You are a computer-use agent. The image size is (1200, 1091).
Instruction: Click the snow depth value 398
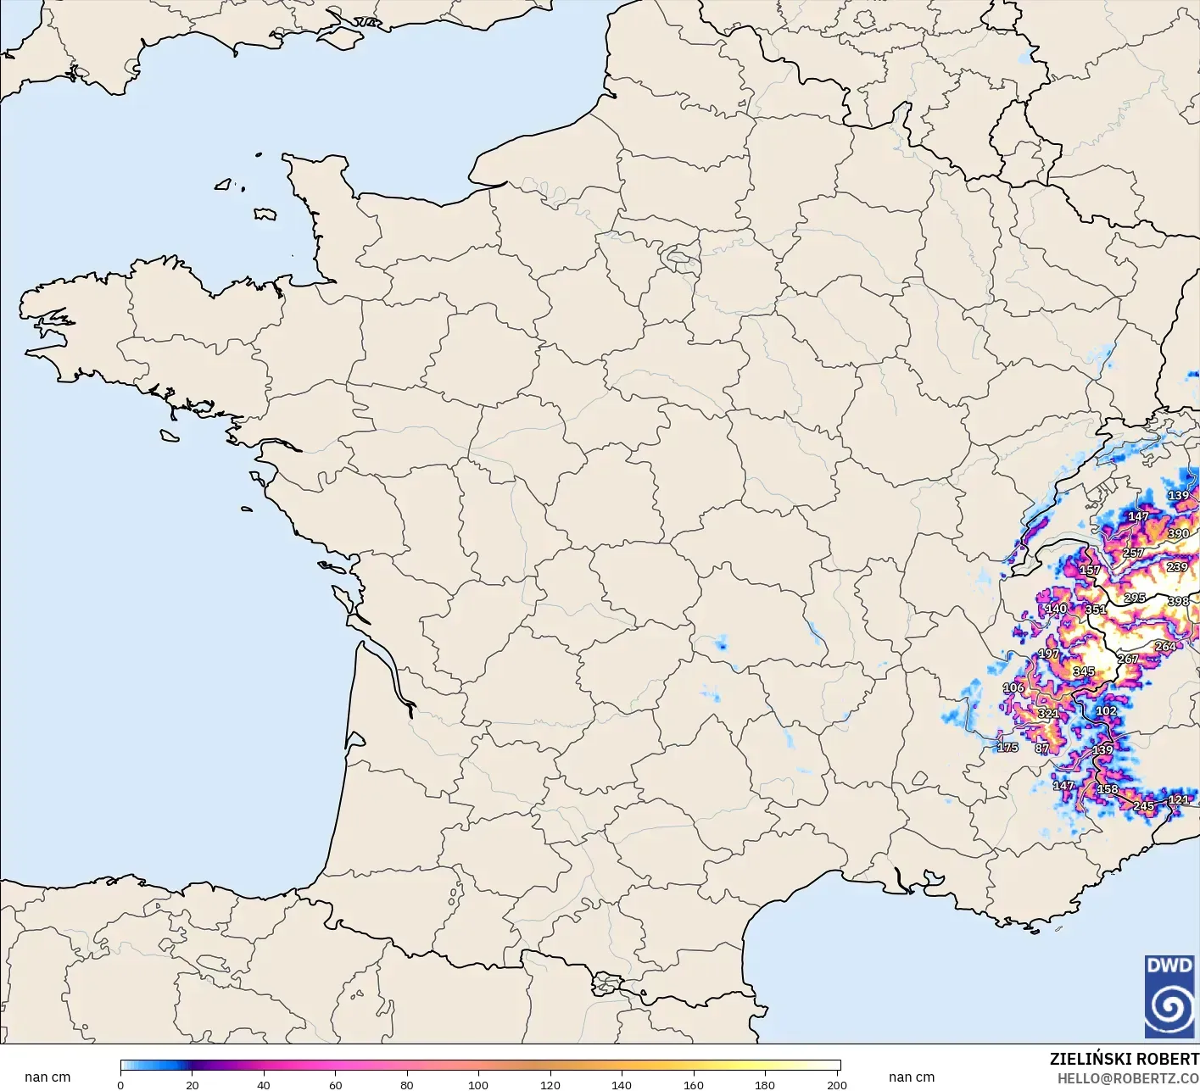click(x=1179, y=601)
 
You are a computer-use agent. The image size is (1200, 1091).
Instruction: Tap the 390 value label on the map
click(x=1179, y=534)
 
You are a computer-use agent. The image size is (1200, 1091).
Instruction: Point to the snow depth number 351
click(x=1096, y=610)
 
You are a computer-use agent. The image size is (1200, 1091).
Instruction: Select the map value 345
click(x=1084, y=671)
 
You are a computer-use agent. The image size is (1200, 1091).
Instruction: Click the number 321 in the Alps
click(x=1048, y=714)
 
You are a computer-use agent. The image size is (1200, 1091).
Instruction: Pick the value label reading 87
click(x=1042, y=749)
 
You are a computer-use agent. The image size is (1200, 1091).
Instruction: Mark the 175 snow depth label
click(x=1007, y=748)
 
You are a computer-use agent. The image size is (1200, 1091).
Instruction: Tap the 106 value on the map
click(x=1013, y=687)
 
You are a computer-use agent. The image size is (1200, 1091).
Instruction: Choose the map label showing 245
click(x=1144, y=806)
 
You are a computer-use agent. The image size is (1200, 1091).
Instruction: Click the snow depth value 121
click(x=1179, y=799)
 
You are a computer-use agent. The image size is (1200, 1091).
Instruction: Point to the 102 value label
click(x=1106, y=711)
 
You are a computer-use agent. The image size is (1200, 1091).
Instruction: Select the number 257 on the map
click(x=1134, y=553)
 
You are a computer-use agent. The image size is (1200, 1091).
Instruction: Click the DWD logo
click(x=1169, y=997)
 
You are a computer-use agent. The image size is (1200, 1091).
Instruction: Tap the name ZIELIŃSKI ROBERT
click(x=1124, y=1059)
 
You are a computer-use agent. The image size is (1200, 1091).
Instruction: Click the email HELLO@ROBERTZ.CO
click(x=1128, y=1078)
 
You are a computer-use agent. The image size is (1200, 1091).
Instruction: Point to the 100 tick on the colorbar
click(x=478, y=1085)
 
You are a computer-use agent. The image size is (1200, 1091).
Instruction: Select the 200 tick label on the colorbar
click(x=836, y=1085)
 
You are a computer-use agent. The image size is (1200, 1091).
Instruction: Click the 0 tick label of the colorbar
click(x=120, y=1085)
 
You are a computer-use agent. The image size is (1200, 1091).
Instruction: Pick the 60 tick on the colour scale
click(x=335, y=1085)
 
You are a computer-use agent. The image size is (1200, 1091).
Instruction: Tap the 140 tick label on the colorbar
click(x=622, y=1085)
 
